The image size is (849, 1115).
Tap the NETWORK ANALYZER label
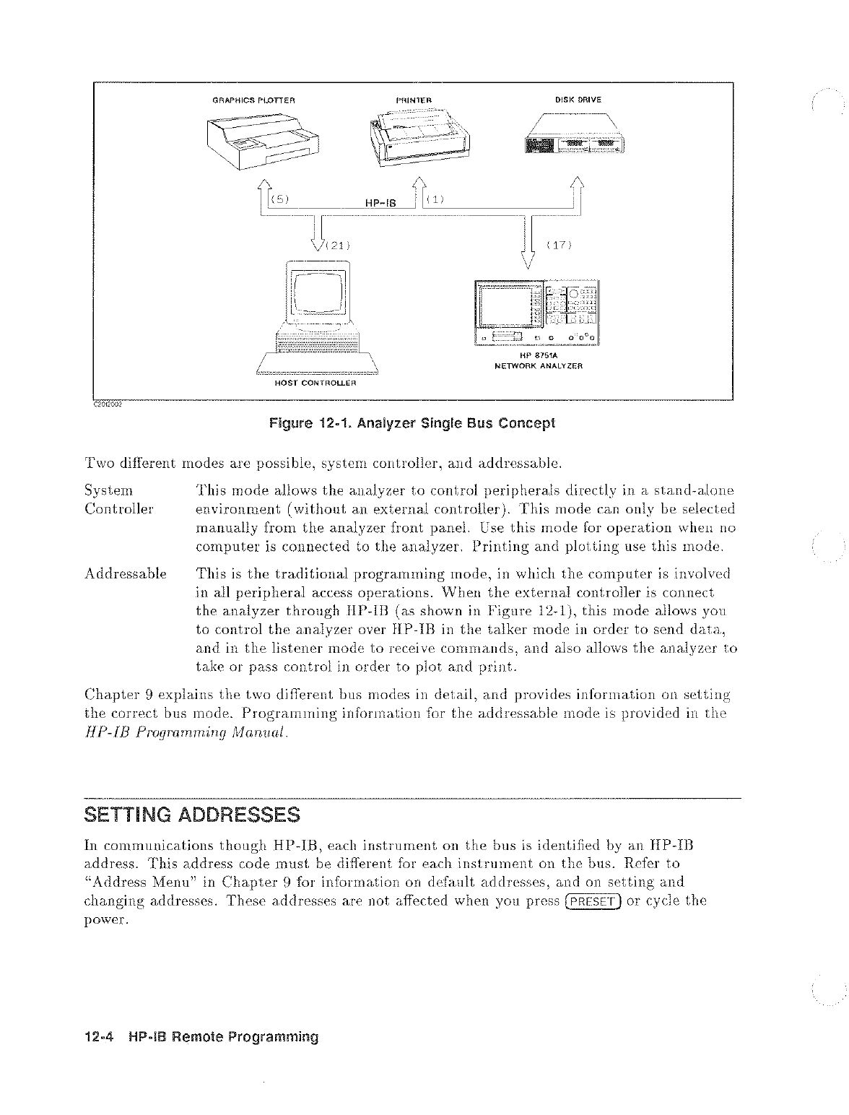pos(539,365)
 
